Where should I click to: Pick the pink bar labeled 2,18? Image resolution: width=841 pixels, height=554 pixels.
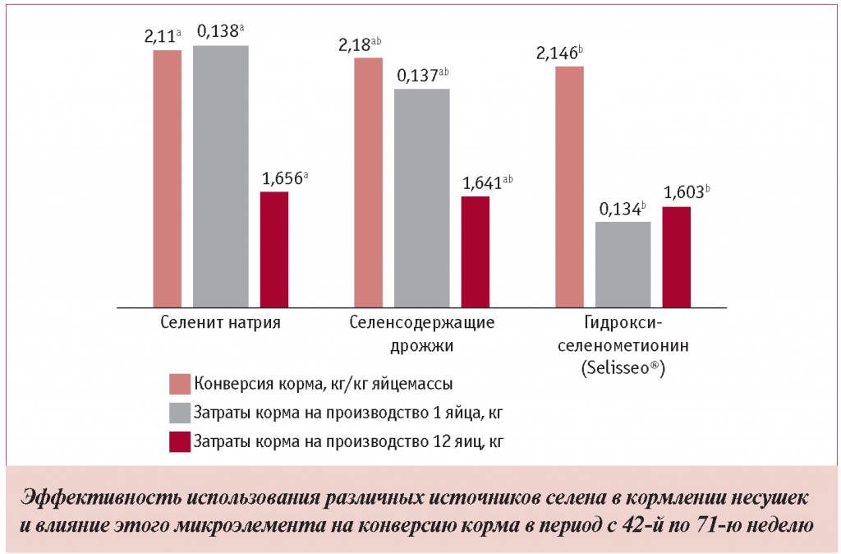(368, 182)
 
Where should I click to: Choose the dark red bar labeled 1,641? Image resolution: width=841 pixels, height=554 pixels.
(476, 252)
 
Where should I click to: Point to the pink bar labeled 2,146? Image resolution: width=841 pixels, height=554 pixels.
(569, 186)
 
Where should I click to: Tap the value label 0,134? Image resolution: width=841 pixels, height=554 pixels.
(623, 209)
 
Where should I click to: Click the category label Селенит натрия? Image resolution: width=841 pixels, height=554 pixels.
(220, 323)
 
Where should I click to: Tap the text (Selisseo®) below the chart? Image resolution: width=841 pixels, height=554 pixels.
(623, 369)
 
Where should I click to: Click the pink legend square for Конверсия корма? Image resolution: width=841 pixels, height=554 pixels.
(180, 384)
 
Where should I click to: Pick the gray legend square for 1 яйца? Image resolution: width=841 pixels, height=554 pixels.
(180, 412)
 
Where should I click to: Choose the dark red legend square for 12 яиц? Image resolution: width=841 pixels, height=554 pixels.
(180, 441)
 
